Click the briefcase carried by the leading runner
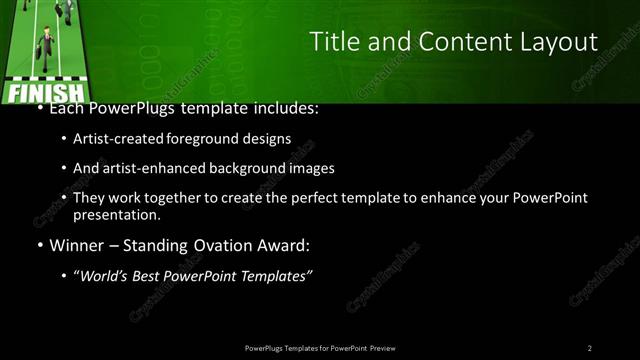[x=37, y=52]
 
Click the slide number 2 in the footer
[x=590, y=348]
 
